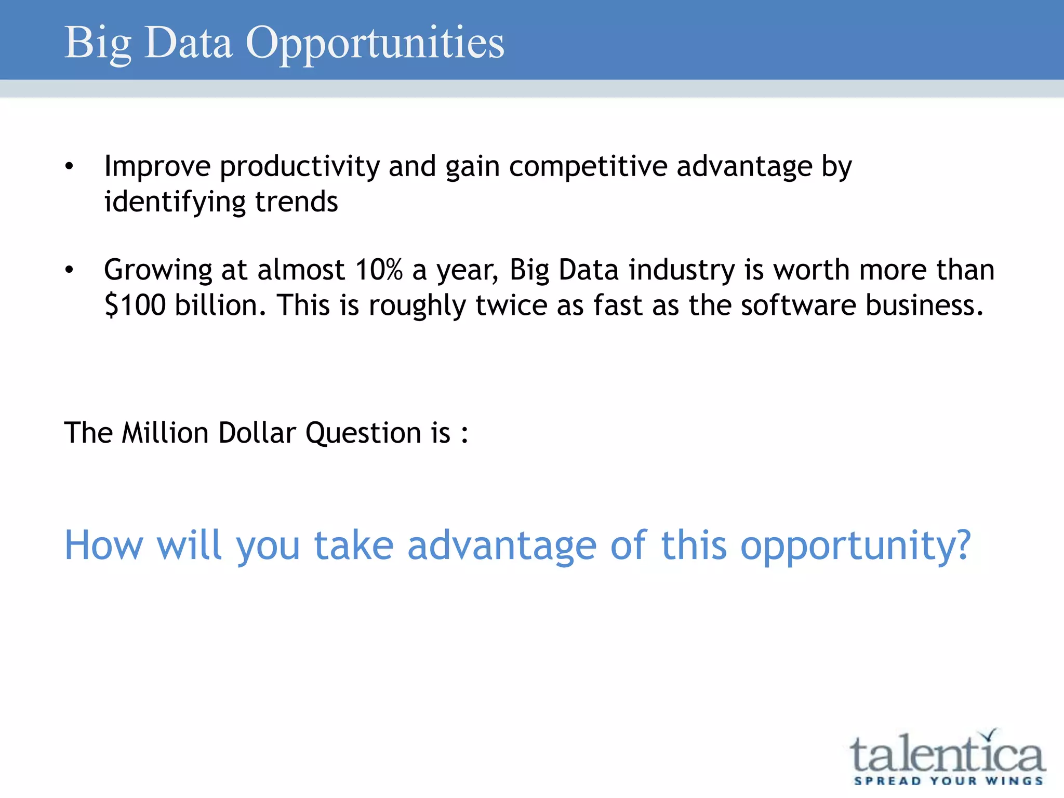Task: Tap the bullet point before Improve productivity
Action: (69, 167)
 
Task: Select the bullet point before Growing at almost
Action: (69, 270)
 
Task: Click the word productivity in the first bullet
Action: (300, 167)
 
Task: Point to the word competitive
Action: (588, 167)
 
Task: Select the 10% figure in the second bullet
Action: (379, 270)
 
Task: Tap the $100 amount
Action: (135, 305)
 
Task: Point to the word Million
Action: (165, 432)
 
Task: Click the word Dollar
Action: (257, 432)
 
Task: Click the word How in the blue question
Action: (103, 546)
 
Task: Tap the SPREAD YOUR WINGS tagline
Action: (949, 781)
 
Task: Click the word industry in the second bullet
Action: (682, 270)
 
